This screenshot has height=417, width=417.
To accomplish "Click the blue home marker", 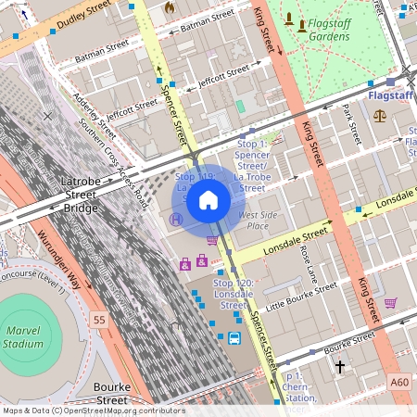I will click(208, 200).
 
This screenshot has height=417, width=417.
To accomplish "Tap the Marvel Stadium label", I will click(23, 335).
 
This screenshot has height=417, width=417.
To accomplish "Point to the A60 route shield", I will click(398, 381).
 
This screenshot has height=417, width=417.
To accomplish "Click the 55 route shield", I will click(99, 319).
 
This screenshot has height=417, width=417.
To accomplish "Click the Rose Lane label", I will click(309, 264).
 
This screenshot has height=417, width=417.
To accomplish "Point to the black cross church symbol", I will click(340, 367).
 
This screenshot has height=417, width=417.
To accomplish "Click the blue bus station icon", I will click(234, 338).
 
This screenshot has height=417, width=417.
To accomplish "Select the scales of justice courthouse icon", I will click(380, 115).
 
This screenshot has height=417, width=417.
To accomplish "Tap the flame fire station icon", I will click(169, 7).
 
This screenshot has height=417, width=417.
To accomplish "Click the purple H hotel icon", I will click(176, 219).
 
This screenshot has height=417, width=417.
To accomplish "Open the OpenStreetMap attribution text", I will click(93, 411).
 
